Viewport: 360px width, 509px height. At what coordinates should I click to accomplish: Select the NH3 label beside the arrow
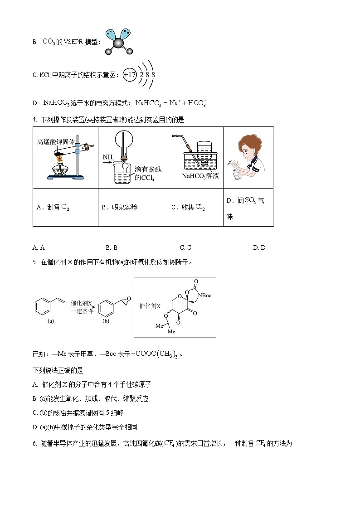pos(108,157)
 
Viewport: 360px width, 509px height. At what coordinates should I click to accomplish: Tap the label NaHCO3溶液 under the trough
pos(200,176)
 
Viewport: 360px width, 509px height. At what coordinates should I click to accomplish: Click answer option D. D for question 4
pos(259,247)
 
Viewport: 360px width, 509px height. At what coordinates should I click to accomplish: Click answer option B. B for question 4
pos(112,247)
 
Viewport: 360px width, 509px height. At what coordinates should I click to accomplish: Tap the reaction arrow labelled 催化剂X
pos(82,307)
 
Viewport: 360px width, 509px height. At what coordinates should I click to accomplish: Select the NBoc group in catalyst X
pos(204,296)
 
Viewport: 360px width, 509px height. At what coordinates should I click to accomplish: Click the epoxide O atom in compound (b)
pos(129,299)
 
